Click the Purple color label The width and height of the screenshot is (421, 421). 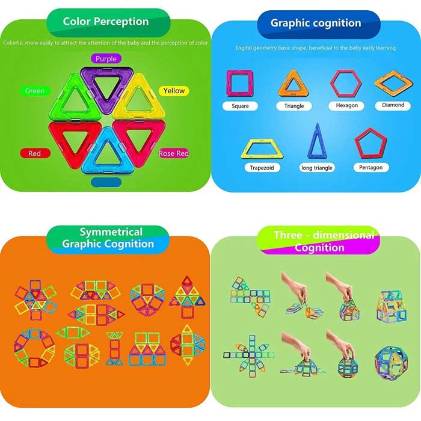[x=106, y=58]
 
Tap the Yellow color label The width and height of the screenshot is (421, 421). [x=174, y=91]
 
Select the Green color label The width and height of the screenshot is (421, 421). [x=35, y=91]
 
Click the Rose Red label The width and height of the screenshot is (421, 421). [x=174, y=153]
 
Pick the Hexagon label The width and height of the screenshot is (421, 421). [x=346, y=105]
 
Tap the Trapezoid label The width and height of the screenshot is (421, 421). [x=262, y=168]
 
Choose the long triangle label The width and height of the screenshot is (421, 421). [x=317, y=168]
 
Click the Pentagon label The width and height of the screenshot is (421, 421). [x=371, y=167]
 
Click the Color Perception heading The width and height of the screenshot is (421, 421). [x=106, y=22]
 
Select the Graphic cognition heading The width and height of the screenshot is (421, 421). [x=316, y=23]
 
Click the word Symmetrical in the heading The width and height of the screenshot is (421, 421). [x=111, y=232]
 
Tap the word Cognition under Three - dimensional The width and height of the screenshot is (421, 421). [x=319, y=248]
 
